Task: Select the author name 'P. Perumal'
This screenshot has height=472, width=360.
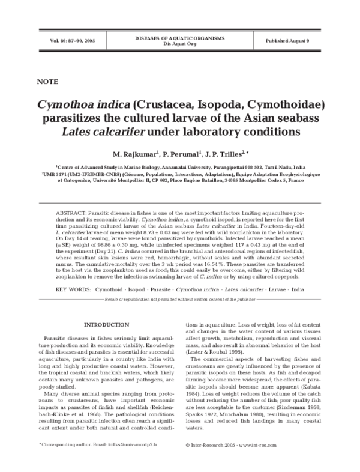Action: pyautogui.click(x=182, y=154)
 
